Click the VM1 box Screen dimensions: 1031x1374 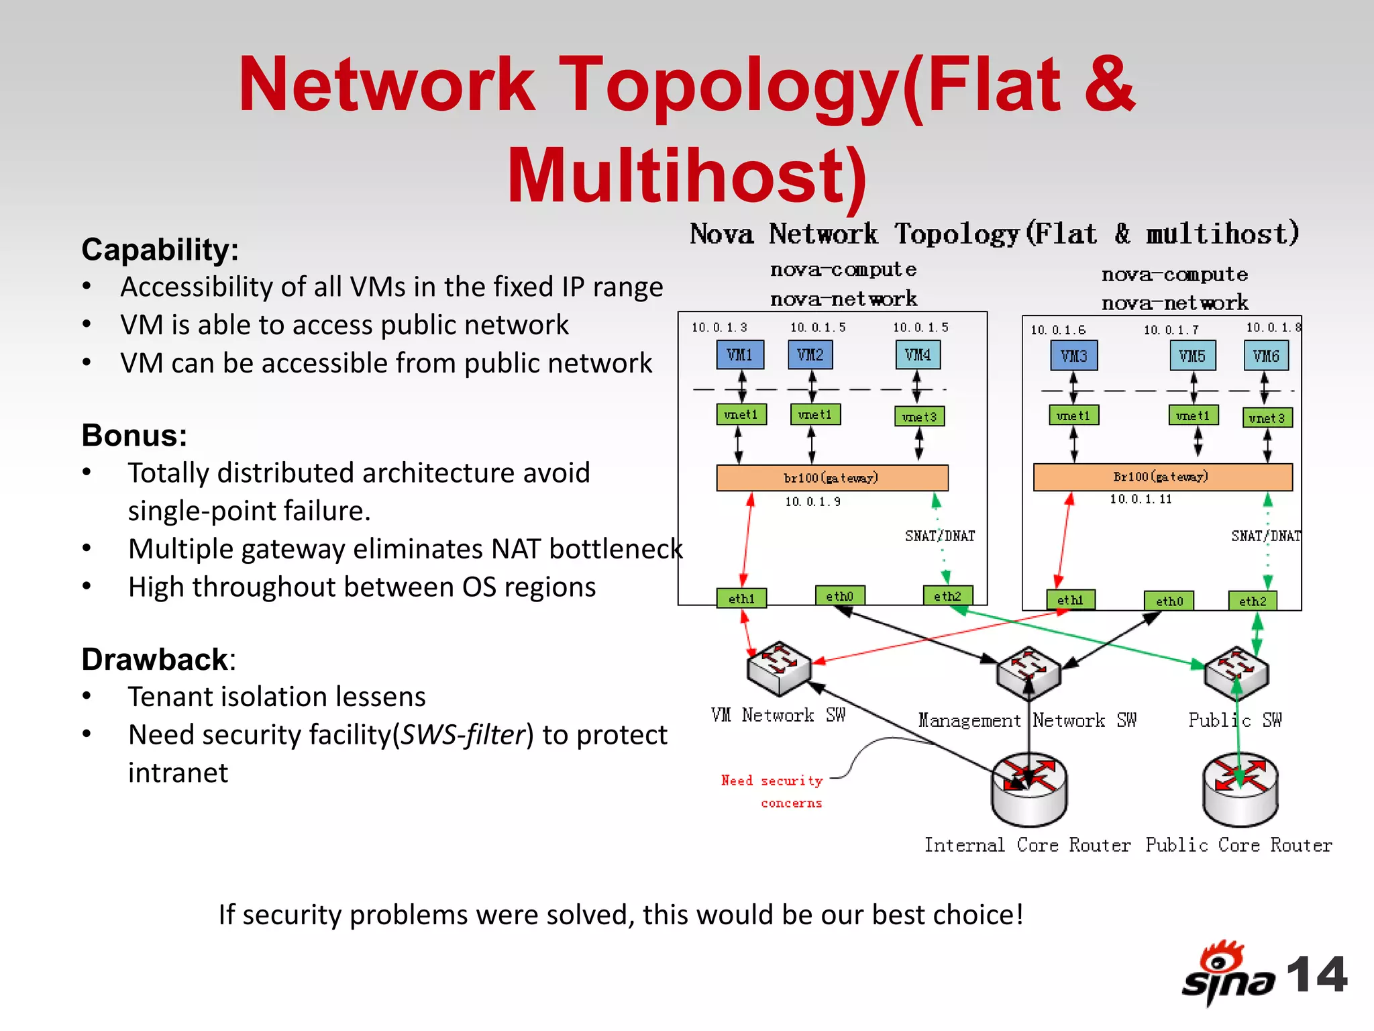click(x=740, y=354)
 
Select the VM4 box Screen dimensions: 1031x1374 click(x=918, y=354)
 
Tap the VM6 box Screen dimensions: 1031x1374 click(x=1266, y=356)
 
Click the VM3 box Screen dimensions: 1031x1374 click(x=1073, y=356)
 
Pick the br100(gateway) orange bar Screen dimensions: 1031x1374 click(x=832, y=477)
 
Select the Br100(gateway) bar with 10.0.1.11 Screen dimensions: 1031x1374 click(x=1162, y=477)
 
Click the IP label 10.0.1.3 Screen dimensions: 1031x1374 click(x=719, y=328)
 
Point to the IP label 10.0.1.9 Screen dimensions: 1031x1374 click(x=812, y=501)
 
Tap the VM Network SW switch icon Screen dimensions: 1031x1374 click(x=778, y=668)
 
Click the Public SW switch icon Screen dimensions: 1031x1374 click(x=1236, y=671)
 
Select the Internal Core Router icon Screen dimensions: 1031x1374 click(x=1028, y=789)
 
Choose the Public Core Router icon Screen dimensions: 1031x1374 click(x=1240, y=789)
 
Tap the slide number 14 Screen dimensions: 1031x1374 click(x=1316, y=975)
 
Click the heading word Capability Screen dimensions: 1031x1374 click(x=158, y=250)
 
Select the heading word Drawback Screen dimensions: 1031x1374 click(x=155, y=659)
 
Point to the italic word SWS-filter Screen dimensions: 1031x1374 click(x=462, y=735)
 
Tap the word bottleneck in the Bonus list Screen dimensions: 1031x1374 click(x=615, y=549)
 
